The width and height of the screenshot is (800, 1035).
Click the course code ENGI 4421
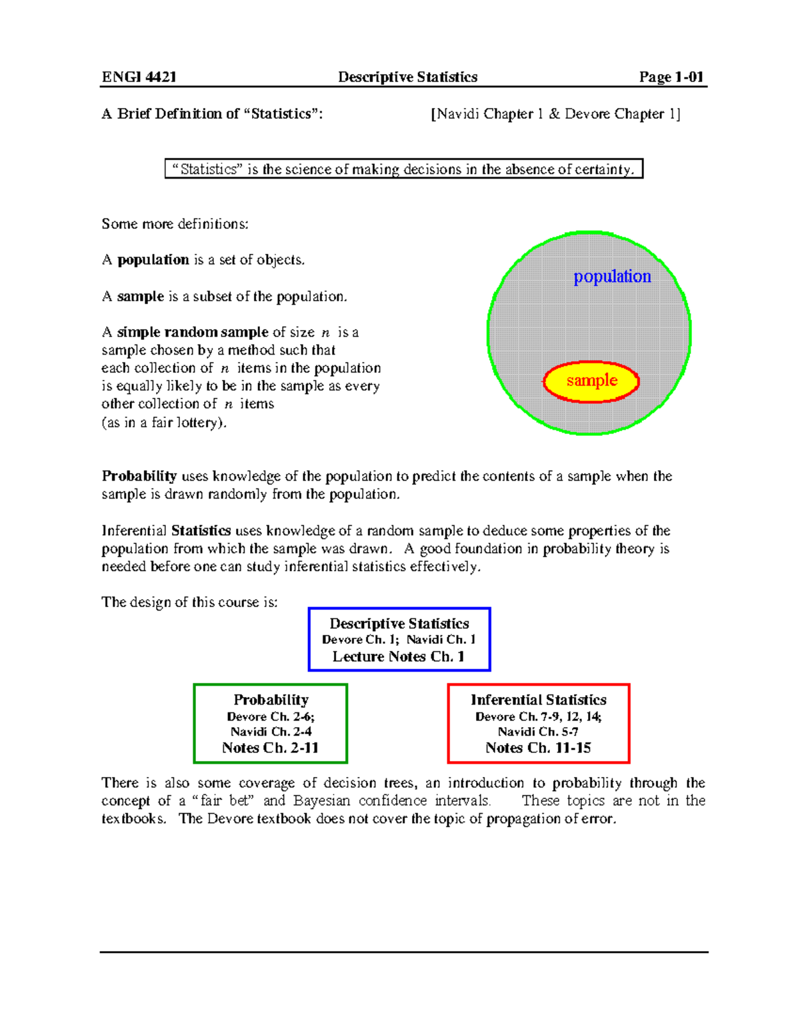point(139,77)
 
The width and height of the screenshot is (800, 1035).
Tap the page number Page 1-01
point(671,77)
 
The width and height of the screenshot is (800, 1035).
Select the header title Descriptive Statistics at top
point(407,77)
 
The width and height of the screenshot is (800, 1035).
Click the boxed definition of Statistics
point(403,169)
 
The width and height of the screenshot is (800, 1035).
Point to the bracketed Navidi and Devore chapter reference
point(555,114)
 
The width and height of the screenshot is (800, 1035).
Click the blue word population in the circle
point(612,276)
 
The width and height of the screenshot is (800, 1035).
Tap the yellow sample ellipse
point(591,381)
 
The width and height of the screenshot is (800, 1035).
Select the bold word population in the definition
point(153,260)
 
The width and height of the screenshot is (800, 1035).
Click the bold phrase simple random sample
point(193,332)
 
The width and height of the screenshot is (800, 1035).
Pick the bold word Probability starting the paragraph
point(139,476)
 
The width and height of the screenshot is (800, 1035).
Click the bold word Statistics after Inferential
point(201,530)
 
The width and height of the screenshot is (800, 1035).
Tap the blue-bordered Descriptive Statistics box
point(399,639)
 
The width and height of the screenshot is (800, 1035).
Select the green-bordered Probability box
point(270,723)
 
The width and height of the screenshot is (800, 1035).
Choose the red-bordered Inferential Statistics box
point(538,723)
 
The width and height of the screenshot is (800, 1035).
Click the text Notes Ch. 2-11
point(270,748)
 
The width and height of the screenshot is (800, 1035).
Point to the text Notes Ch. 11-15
point(538,748)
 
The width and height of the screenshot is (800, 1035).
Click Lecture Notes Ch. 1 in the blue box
point(399,656)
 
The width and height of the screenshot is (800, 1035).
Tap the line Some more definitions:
point(175,224)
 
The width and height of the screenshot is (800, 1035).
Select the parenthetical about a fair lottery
point(164,423)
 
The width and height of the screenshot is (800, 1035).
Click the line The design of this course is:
point(189,602)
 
